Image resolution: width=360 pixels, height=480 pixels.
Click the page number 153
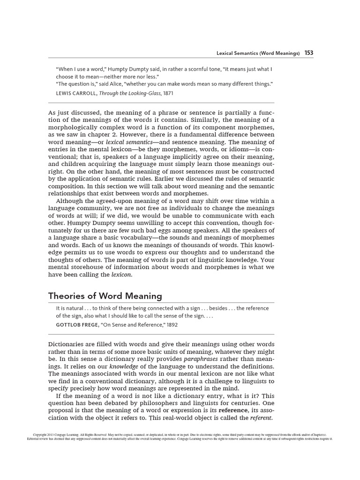click(309, 53)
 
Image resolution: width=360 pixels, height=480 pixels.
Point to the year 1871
click(168, 94)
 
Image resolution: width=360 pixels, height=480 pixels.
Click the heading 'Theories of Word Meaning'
click(105, 296)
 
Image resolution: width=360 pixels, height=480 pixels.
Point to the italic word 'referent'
click(261, 417)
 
